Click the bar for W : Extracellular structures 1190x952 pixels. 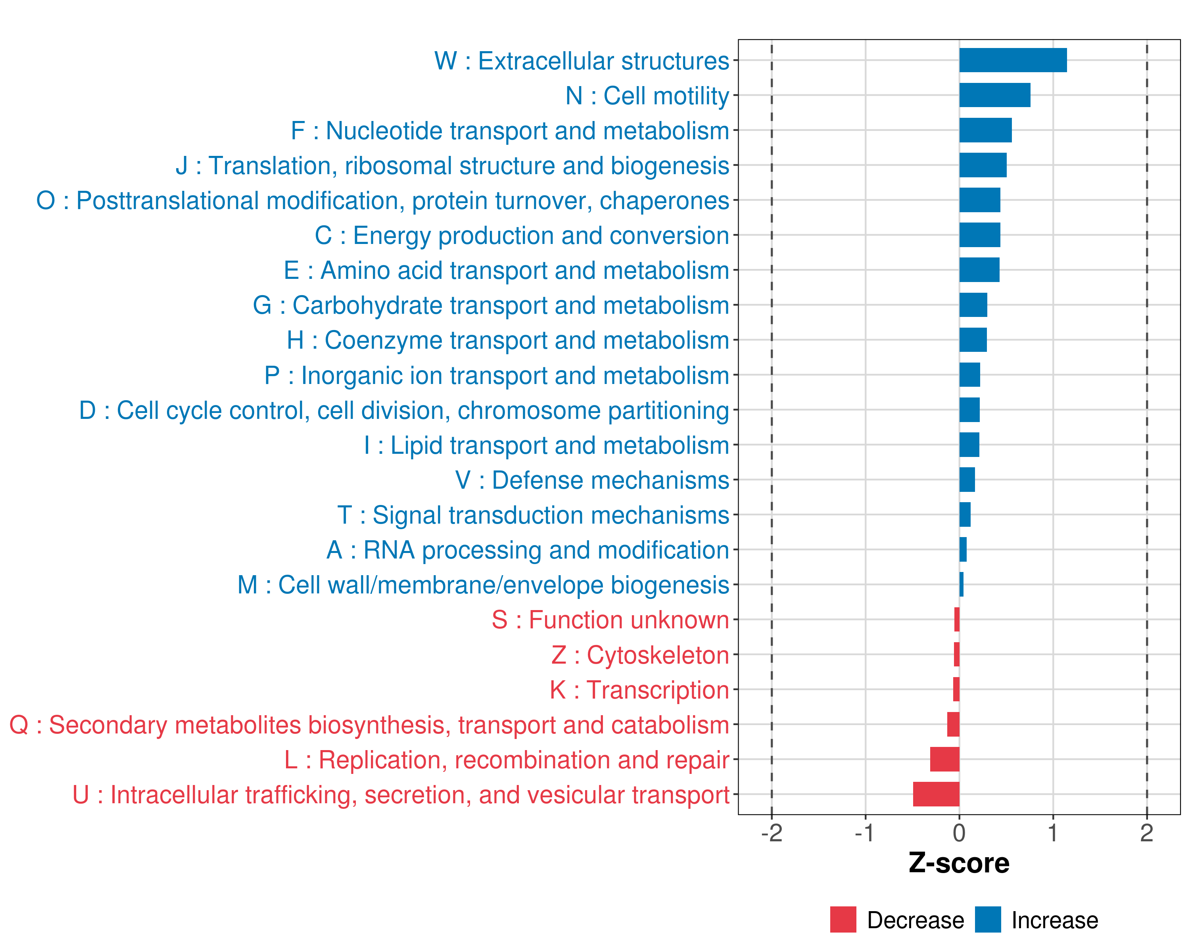(1012, 60)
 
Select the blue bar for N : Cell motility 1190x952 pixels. (994, 95)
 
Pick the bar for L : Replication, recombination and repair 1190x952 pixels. (944, 759)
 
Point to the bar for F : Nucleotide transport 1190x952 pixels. (985, 130)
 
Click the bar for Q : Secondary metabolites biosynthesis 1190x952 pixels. (953, 724)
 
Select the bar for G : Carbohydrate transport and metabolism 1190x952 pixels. (973, 305)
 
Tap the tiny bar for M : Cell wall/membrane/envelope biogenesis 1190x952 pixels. (962, 584)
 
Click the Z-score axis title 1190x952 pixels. (959, 863)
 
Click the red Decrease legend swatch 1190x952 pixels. (843, 919)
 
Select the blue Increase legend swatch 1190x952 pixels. (987, 919)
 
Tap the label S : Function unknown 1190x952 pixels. (610, 620)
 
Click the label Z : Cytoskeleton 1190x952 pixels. (640, 655)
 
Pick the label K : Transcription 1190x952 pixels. (639, 690)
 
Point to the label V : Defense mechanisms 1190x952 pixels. (592, 480)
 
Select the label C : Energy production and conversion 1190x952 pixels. (522, 236)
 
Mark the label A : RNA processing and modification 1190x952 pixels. (528, 550)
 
